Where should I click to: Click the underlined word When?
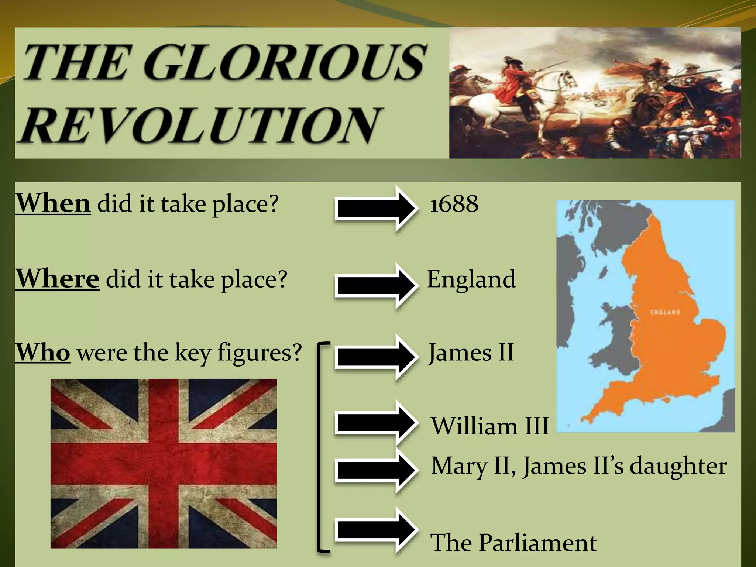coord(53,203)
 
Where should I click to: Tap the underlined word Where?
coord(57,278)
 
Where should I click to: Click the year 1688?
coord(454,204)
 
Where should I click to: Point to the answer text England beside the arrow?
coord(471,279)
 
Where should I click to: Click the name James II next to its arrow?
coord(471,352)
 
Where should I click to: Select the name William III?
coord(490,426)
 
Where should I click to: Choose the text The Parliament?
coord(513,542)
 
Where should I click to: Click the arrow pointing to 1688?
coord(377,209)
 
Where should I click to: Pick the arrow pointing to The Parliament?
coord(377,530)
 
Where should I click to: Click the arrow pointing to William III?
coord(377,423)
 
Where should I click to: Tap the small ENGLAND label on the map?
coord(665,312)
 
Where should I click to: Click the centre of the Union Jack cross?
coord(164,463)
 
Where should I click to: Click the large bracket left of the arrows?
coord(320,447)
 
